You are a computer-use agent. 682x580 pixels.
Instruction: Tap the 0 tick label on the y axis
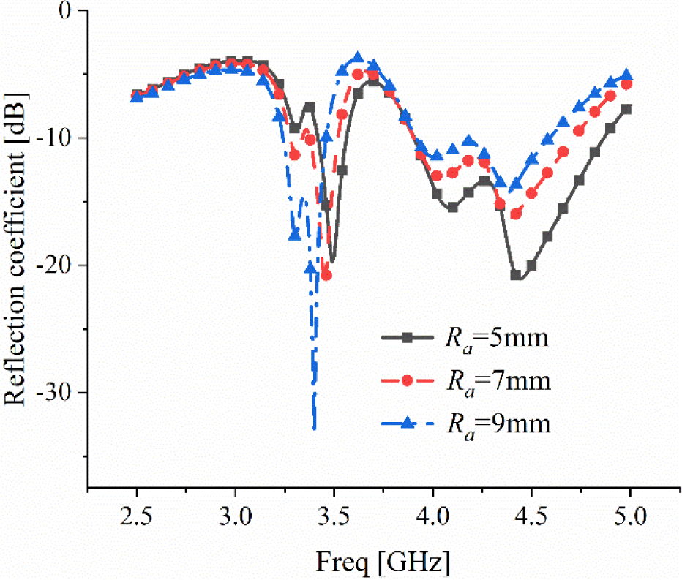pos(70,11)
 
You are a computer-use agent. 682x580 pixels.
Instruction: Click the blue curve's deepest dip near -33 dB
pos(314,428)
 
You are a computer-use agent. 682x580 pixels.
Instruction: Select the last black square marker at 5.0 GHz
pos(626,109)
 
